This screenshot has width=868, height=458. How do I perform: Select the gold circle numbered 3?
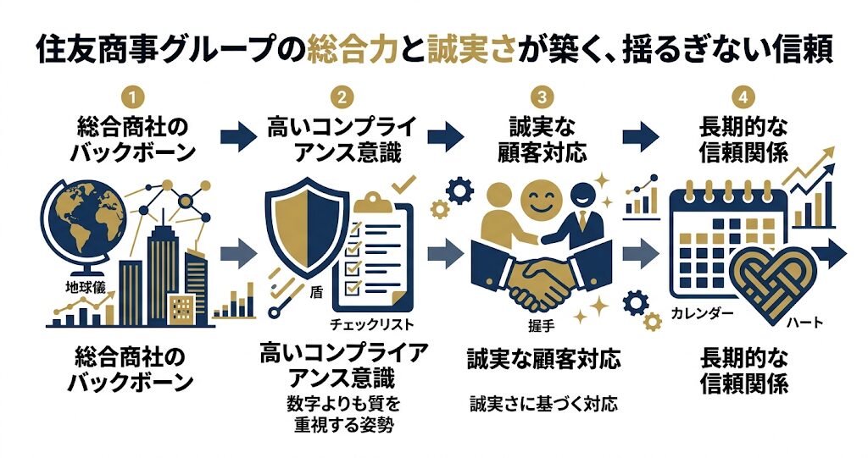pos(543,95)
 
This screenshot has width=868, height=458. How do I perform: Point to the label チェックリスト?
pos(373,323)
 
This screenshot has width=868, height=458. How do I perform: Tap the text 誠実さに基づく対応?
pos(543,404)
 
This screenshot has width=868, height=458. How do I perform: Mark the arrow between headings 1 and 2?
pos(238,137)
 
